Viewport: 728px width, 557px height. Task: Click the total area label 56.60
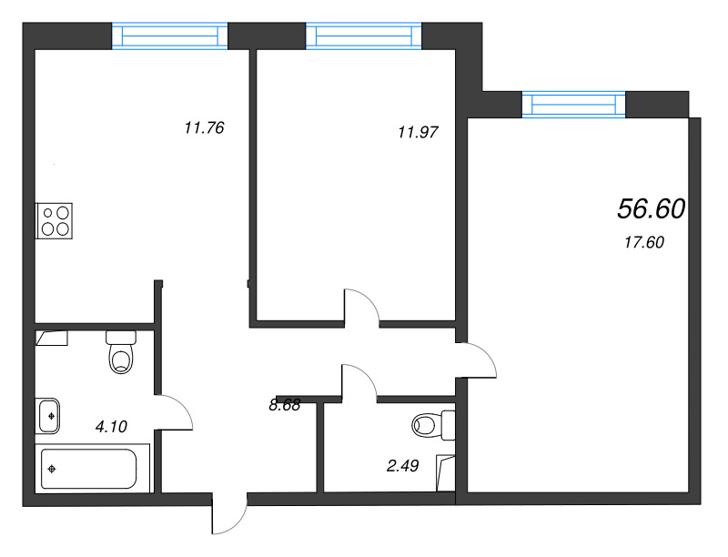pos(651,209)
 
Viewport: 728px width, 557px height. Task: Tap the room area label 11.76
pos(204,127)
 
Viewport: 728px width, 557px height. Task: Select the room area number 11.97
pos(418,132)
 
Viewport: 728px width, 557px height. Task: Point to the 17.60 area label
pos(644,242)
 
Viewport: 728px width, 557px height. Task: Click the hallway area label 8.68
pos(285,405)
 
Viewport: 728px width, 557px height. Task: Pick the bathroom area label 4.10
pos(111,427)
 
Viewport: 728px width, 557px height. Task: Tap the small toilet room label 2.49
pos(402,466)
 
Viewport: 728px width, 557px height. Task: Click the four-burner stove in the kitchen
pos(55,221)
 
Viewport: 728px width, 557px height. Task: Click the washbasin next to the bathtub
pos(47,416)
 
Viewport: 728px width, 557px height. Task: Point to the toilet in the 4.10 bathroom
pos(121,352)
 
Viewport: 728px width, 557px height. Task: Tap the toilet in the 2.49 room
pos(434,425)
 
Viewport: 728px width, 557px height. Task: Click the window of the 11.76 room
pos(170,36)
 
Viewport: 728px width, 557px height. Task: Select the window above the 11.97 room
pos(364,36)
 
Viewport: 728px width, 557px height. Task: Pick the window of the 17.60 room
pos(574,105)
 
